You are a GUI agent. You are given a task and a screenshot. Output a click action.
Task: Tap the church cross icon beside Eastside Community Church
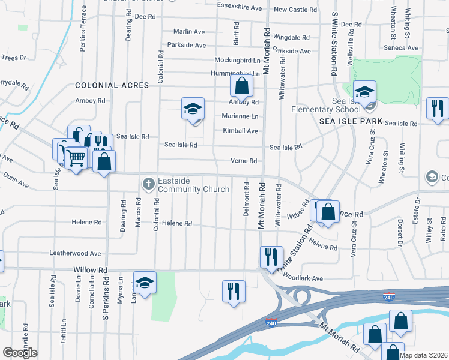click(x=148, y=182)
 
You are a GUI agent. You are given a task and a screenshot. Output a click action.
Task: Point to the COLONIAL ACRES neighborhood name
click(x=112, y=86)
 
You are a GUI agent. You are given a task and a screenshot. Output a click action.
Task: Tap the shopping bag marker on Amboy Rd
click(x=241, y=86)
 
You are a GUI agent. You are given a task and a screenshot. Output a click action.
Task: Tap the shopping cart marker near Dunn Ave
click(x=76, y=158)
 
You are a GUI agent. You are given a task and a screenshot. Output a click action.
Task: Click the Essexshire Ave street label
click(x=240, y=8)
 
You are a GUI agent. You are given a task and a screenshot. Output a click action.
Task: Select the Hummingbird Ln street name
click(x=237, y=73)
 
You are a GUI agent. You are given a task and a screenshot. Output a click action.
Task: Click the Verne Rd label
click(x=244, y=161)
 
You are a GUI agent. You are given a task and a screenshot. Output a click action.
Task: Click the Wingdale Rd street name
click(x=291, y=36)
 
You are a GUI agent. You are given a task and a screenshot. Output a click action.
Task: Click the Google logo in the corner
click(x=20, y=352)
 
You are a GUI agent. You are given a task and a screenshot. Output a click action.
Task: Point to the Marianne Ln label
click(x=240, y=116)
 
